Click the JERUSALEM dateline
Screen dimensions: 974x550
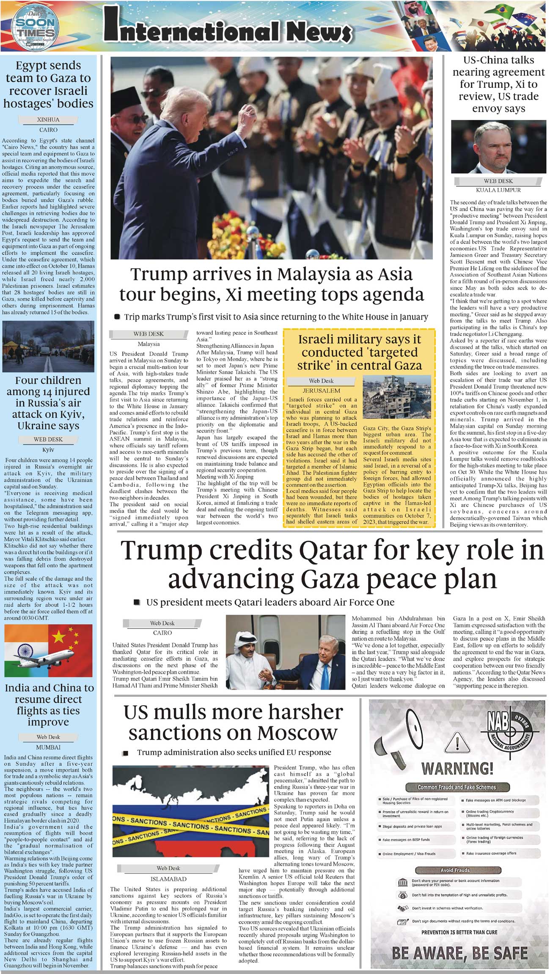click(321, 390)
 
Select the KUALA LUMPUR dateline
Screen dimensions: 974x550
click(498, 190)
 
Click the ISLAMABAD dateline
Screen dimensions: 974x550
click(168, 879)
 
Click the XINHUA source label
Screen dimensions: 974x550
click(48, 120)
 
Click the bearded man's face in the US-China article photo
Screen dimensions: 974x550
click(499, 146)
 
